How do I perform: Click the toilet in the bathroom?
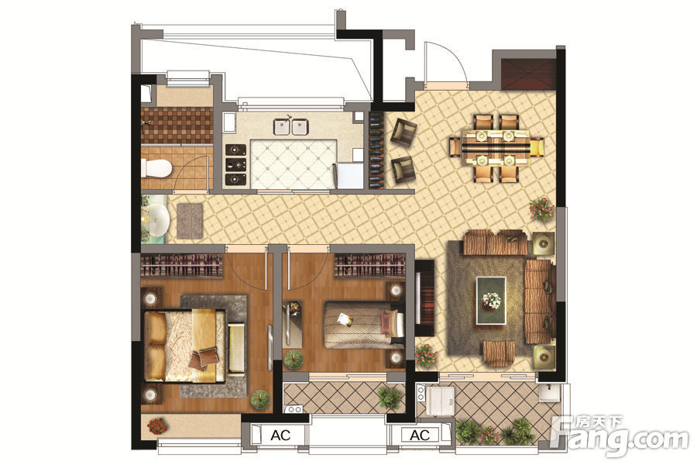click(x=156, y=168)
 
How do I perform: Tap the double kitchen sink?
click(x=290, y=126)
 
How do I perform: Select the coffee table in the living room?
click(x=491, y=301)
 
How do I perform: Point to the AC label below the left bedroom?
click(x=280, y=436)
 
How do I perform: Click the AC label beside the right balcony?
click(x=420, y=435)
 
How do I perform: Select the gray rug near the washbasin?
click(x=190, y=221)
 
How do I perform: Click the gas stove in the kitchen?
click(x=235, y=164)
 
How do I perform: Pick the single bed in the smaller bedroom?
click(x=364, y=325)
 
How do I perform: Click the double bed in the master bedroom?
click(x=184, y=346)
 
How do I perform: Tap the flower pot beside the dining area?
click(x=542, y=209)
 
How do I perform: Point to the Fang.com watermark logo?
click(x=620, y=437)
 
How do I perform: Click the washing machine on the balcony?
click(x=440, y=401)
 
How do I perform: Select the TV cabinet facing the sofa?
click(x=424, y=298)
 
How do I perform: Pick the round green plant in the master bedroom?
click(x=260, y=400)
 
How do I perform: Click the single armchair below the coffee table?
click(x=499, y=353)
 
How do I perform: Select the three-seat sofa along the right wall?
click(x=539, y=301)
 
